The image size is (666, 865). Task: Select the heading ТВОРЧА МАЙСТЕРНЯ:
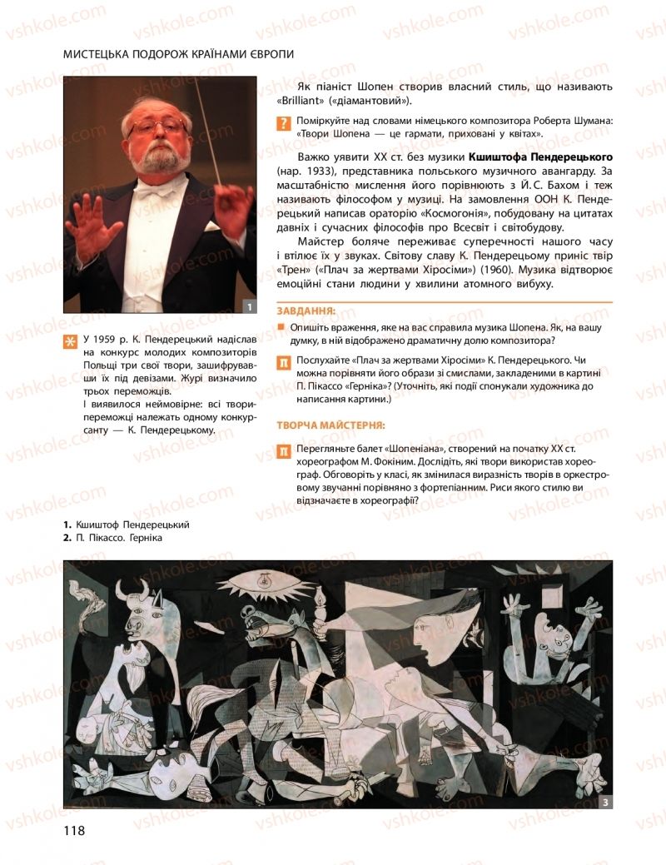click(x=331, y=425)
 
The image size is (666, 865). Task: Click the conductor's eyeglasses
click(x=157, y=126)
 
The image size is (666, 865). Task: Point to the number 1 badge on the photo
click(x=248, y=306)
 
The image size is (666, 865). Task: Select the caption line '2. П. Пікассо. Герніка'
click(x=112, y=538)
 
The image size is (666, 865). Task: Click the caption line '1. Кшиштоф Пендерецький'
click(x=127, y=524)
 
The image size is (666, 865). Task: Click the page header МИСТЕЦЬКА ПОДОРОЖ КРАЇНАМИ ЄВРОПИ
click(x=179, y=54)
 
